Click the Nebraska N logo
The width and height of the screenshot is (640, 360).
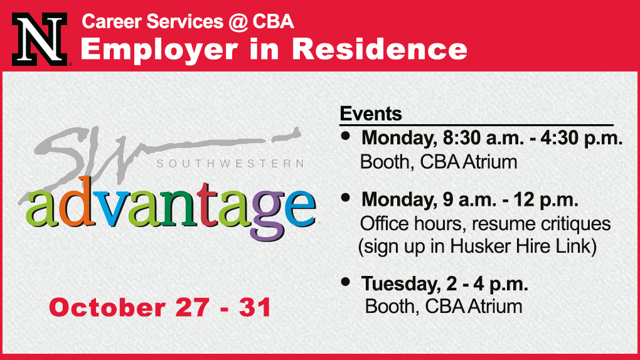[40, 39]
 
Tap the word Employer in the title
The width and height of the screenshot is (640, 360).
[159, 50]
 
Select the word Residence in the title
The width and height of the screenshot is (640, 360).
[380, 49]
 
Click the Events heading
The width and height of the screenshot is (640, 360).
[371, 114]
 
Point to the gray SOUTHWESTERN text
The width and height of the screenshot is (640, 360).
[231, 164]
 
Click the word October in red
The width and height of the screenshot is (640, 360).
[107, 307]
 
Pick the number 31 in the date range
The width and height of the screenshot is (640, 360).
[255, 307]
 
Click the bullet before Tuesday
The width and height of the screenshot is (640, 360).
[346, 281]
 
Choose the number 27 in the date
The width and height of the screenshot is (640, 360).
[192, 307]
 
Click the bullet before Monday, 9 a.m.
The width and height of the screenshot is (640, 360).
[346, 198]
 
